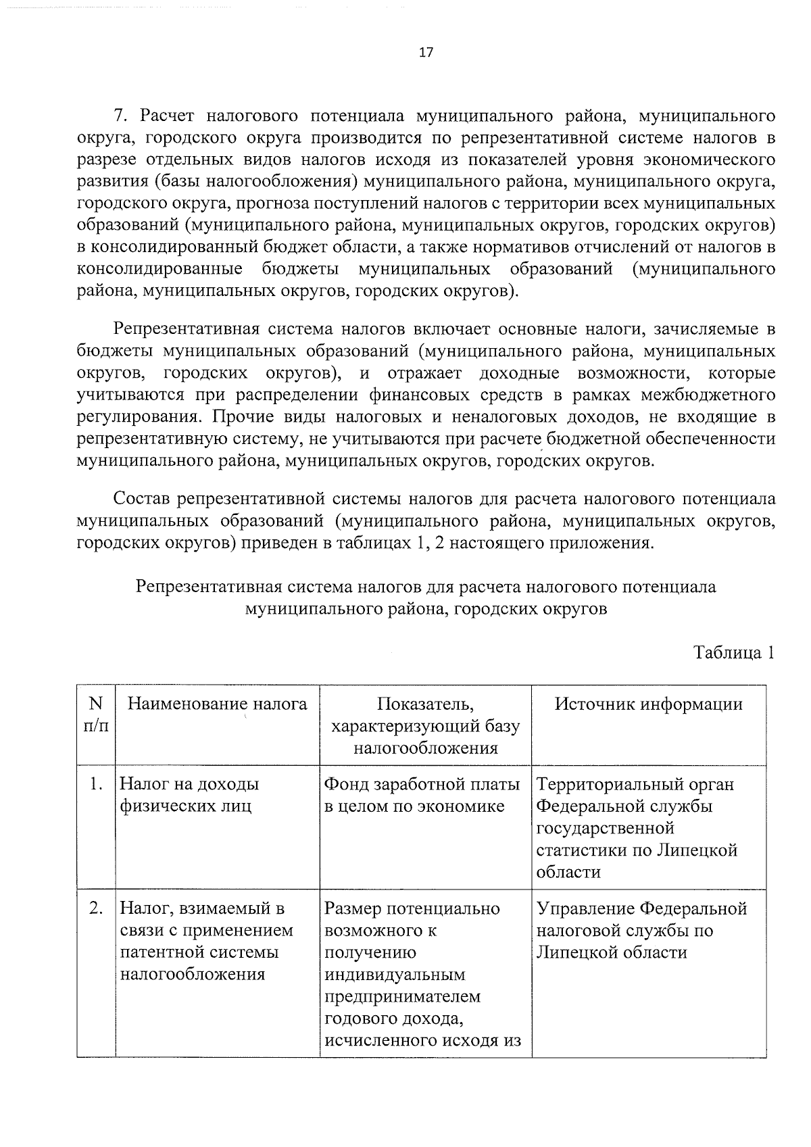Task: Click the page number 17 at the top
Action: pos(426,53)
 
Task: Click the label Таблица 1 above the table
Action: pos(733,653)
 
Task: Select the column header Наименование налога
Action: pos(217,704)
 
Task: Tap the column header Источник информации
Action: pos(648,704)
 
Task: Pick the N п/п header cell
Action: pos(95,715)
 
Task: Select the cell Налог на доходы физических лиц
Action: pos(189,796)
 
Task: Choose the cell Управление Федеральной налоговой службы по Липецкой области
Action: pos(641,931)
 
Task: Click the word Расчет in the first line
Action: pos(171,116)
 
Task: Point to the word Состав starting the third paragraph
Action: pos(142,499)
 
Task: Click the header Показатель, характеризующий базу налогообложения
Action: pos(425,726)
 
